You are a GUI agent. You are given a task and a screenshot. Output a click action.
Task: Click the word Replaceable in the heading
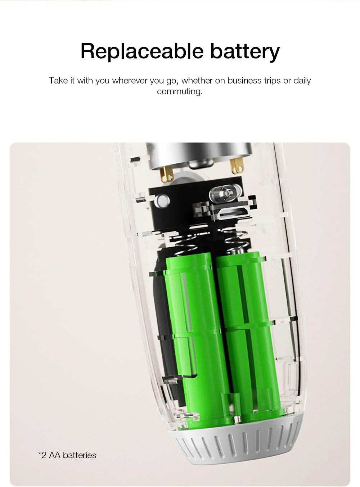click(x=142, y=51)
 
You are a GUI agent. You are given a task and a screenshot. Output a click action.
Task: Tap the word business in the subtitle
click(x=244, y=81)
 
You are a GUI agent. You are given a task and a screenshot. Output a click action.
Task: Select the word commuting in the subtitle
click(x=180, y=91)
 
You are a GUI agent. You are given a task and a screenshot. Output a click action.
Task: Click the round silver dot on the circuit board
click(x=162, y=201)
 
